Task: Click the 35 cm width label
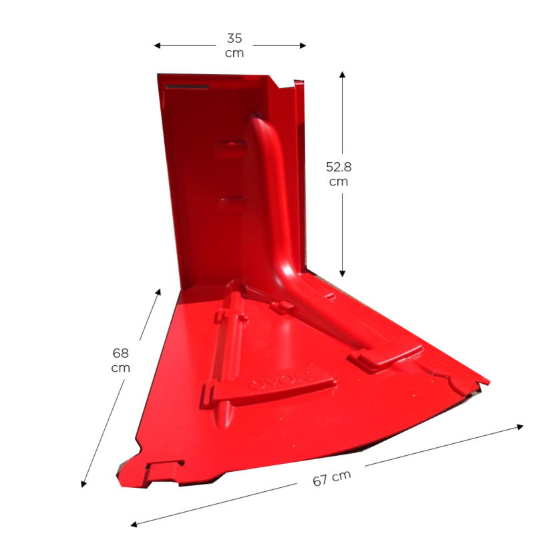[234, 45]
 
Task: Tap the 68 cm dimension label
[121, 360]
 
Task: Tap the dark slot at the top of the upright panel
[187, 86]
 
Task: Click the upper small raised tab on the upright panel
[230, 147]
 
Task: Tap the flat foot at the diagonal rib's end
[384, 354]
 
